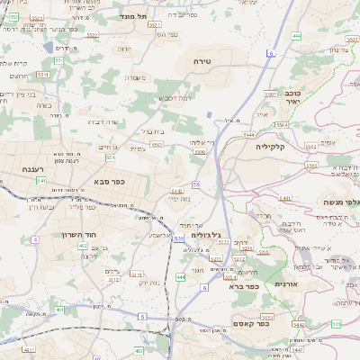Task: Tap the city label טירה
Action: pyautogui.click(x=202, y=60)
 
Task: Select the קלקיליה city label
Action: pyautogui.click(x=269, y=146)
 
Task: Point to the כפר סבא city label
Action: pyautogui.click(x=109, y=181)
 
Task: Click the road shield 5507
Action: pyautogui.click(x=270, y=94)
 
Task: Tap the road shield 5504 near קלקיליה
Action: pyautogui.click(x=248, y=134)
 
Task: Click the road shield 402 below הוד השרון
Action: pyautogui.click(x=82, y=245)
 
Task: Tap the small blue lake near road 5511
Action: pyautogui.click(x=48, y=47)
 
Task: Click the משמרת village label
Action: pyautogui.click(x=136, y=77)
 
